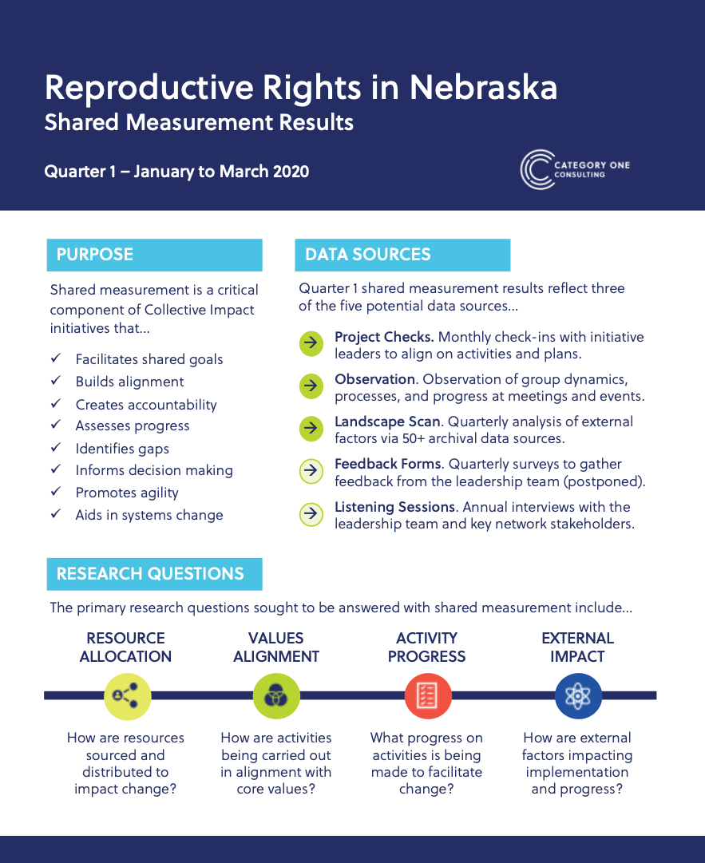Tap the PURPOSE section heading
tap(154, 255)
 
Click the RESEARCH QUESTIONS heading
tap(154, 573)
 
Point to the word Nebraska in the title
tap(483, 87)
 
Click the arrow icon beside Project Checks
tap(311, 344)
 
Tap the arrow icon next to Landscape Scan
tap(311, 429)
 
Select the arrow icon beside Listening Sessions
tap(311, 514)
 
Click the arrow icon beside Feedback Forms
tap(311, 472)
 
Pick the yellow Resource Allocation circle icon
tap(127, 695)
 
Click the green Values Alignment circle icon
tap(276, 695)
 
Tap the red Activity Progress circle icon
tap(427, 695)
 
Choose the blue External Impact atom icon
tap(577, 695)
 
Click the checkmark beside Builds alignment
tap(56, 382)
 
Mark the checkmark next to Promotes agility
tap(56, 493)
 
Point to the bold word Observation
tap(374, 379)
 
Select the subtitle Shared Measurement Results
tap(199, 123)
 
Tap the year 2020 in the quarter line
tap(291, 172)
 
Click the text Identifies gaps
tap(122, 449)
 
